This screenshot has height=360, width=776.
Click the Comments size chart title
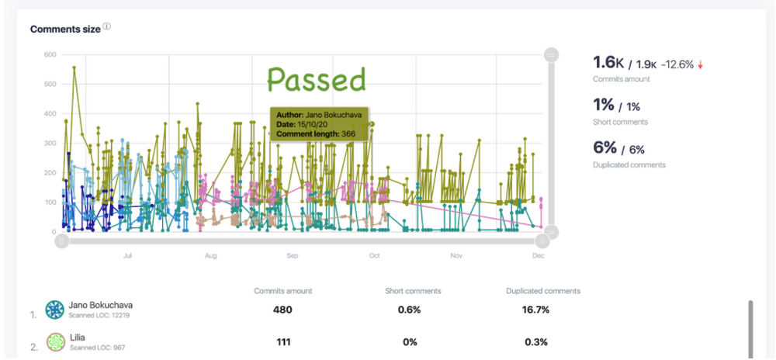pyautogui.click(x=65, y=29)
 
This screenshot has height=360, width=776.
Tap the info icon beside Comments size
pyautogui.click(x=107, y=26)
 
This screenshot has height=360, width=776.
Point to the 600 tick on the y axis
pyautogui.click(x=50, y=54)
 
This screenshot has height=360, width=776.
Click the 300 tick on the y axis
pyautogui.click(x=50, y=144)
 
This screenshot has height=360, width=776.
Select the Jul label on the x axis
pyautogui.click(x=127, y=254)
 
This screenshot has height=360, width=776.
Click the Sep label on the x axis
pyautogui.click(x=293, y=254)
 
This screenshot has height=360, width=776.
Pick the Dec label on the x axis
pyautogui.click(x=538, y=254)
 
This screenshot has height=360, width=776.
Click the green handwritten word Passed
pyautogui.click(x=317, y=80)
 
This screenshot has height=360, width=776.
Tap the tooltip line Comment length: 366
pyautogui.click(x=316, y=134)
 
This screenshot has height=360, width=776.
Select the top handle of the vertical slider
pyautogui.click(x=551, y=54)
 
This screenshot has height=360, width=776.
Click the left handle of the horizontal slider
pyautogui.click(x=62, y=241)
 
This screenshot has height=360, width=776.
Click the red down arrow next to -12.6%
pyautogui.click(x=700, y=66)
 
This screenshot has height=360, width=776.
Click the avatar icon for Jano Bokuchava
pyautogui.click(x=55, y=310)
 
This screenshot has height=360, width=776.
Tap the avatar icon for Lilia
pyautogui.click(x=55, y=342)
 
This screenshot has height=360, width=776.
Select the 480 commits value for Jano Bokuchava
pyautogui.click(x=282, y=310)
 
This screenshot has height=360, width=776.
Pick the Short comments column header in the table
pyautogui.click(x=413, y=291)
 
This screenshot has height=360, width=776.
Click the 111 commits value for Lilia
pyautogui.click(x=282, y=342)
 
